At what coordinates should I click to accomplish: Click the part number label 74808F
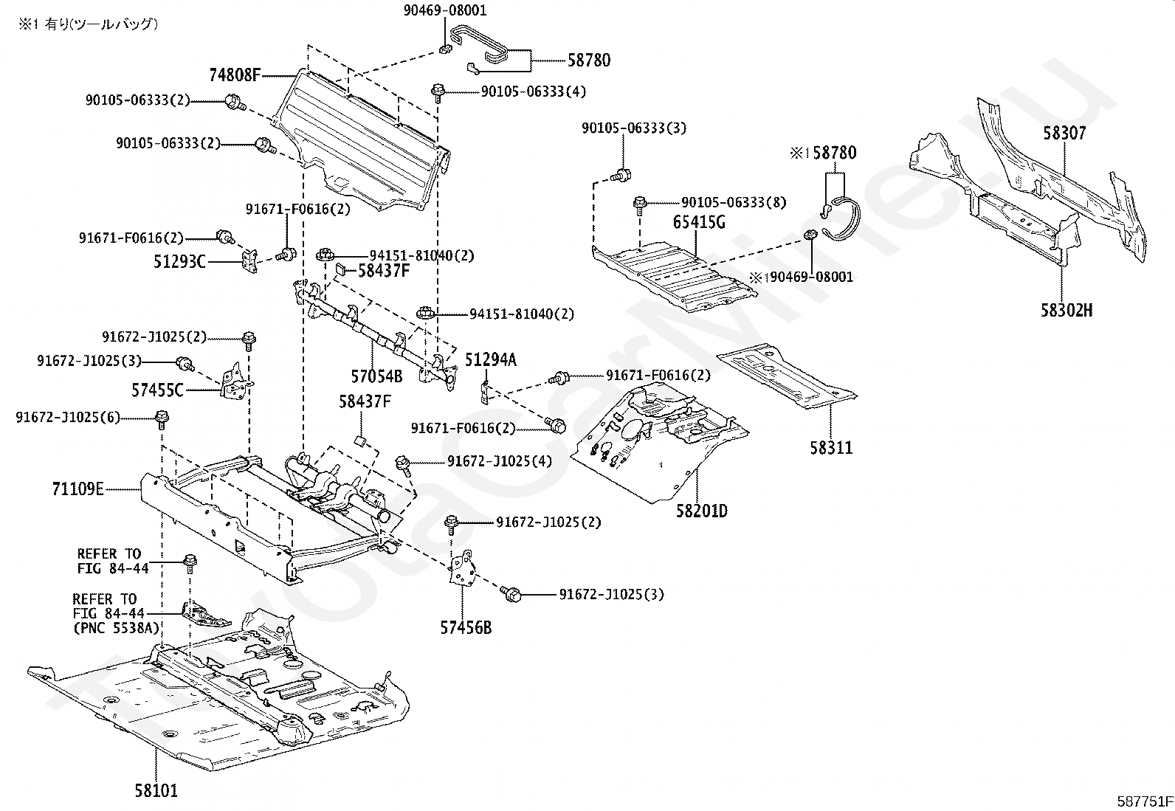click(235, 75)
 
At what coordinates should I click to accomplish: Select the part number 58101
click(156, 790)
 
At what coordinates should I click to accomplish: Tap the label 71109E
click(78, 488)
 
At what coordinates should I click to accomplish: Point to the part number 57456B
click(466, 628)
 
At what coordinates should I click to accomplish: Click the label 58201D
click(701, 510)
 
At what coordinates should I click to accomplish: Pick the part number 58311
click(831, 447)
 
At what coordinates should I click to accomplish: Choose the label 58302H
click(1067, 310)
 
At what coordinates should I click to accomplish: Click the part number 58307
click(1064, 134)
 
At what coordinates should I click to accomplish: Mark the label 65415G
click(699, 221)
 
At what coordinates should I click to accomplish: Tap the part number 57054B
click(376, 376)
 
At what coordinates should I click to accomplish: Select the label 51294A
click(491, 359)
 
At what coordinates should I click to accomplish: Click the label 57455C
click(157, 390)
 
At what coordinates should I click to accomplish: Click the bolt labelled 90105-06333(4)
click(438, 92)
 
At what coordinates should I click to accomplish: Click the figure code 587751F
click(1143, 800)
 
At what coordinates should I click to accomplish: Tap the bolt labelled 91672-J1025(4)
click(403, 463)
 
